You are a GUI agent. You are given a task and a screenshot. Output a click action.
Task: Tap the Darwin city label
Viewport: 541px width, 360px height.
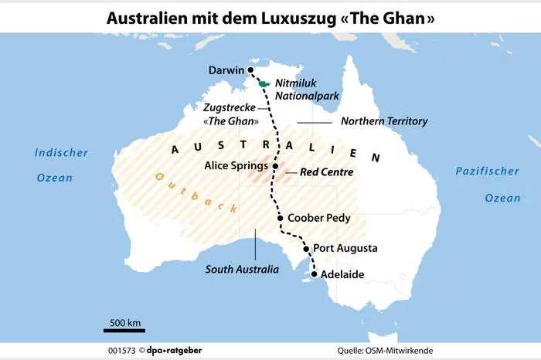click(226, 71)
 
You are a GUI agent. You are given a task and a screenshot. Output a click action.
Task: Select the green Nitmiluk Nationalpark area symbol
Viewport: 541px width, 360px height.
click(264, 83)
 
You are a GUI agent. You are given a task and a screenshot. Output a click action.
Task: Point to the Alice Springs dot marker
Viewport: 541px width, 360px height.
click(274, 165)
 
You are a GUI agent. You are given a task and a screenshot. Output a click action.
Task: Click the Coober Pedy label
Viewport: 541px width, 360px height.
click(318, 219)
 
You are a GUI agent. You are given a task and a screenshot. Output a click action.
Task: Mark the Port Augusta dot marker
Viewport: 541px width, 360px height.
click(306, 249)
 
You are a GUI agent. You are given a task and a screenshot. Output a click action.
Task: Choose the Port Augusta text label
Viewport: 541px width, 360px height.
click(345, 249)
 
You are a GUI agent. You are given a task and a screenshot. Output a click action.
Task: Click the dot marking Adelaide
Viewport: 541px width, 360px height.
click(315, 274)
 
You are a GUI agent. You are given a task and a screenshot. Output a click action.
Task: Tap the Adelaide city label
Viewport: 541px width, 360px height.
click(342, 274)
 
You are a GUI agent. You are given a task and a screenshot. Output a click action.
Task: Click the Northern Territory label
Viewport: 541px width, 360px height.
click(384, 122)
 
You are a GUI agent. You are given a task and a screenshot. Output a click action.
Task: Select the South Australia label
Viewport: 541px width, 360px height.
click(241, 270)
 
